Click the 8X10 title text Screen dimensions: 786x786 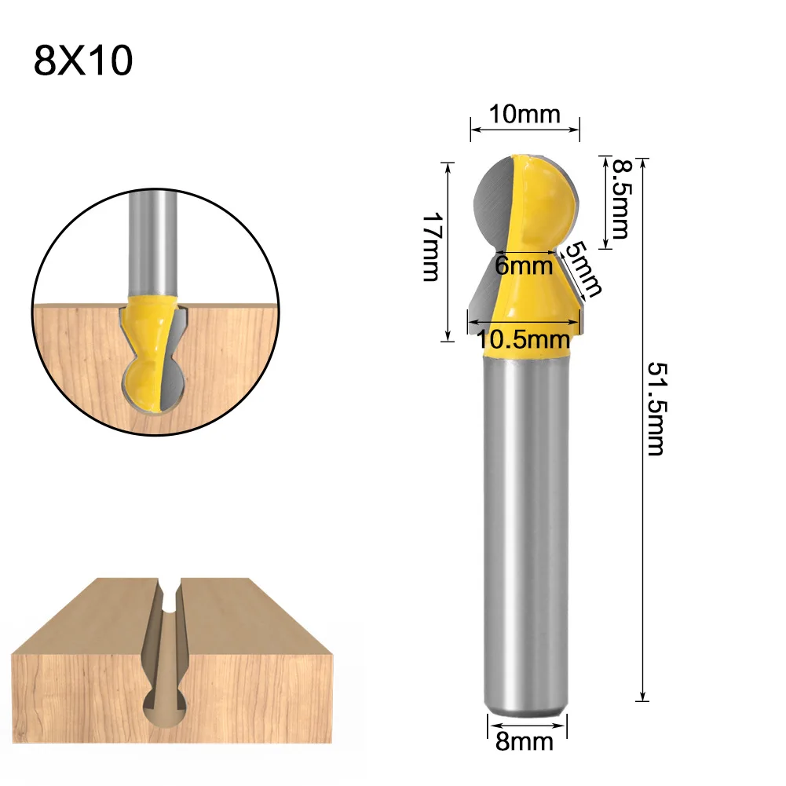[83, 61]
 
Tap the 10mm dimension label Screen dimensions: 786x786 [525, 115]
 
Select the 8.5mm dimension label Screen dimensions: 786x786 [621, 199]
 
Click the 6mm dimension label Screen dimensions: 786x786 [524, 265]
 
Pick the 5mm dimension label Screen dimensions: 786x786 [584, 269]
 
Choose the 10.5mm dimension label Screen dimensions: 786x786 [523, 339]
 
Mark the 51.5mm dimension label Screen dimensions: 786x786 [655, 408]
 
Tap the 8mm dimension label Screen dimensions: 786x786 [525, 740]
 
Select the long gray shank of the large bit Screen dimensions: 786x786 [525, 534]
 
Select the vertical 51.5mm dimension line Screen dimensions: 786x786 [643, 550]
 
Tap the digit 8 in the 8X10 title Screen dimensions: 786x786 [46, 61]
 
